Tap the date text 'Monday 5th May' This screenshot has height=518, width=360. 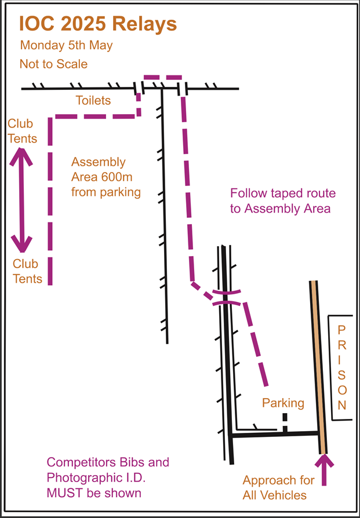pos(66,46)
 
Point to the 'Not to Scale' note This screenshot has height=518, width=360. pos(53,64)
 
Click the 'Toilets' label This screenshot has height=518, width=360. pos(93,100)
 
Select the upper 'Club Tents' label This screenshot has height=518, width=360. pos(22,131)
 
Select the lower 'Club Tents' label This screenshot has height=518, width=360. pos(27,271)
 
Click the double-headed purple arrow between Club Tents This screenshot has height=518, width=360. pos(21,199)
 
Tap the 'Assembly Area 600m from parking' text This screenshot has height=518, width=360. pos(106,177)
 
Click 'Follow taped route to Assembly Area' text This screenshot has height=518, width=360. pos(283,201)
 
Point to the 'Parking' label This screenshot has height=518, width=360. pos(283,403)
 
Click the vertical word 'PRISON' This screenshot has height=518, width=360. pos(342,367)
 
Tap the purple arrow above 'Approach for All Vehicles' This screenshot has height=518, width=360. pos(323,470)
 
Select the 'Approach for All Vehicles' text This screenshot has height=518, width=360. pos(278,488)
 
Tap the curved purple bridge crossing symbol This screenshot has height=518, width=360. pos(227,297)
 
